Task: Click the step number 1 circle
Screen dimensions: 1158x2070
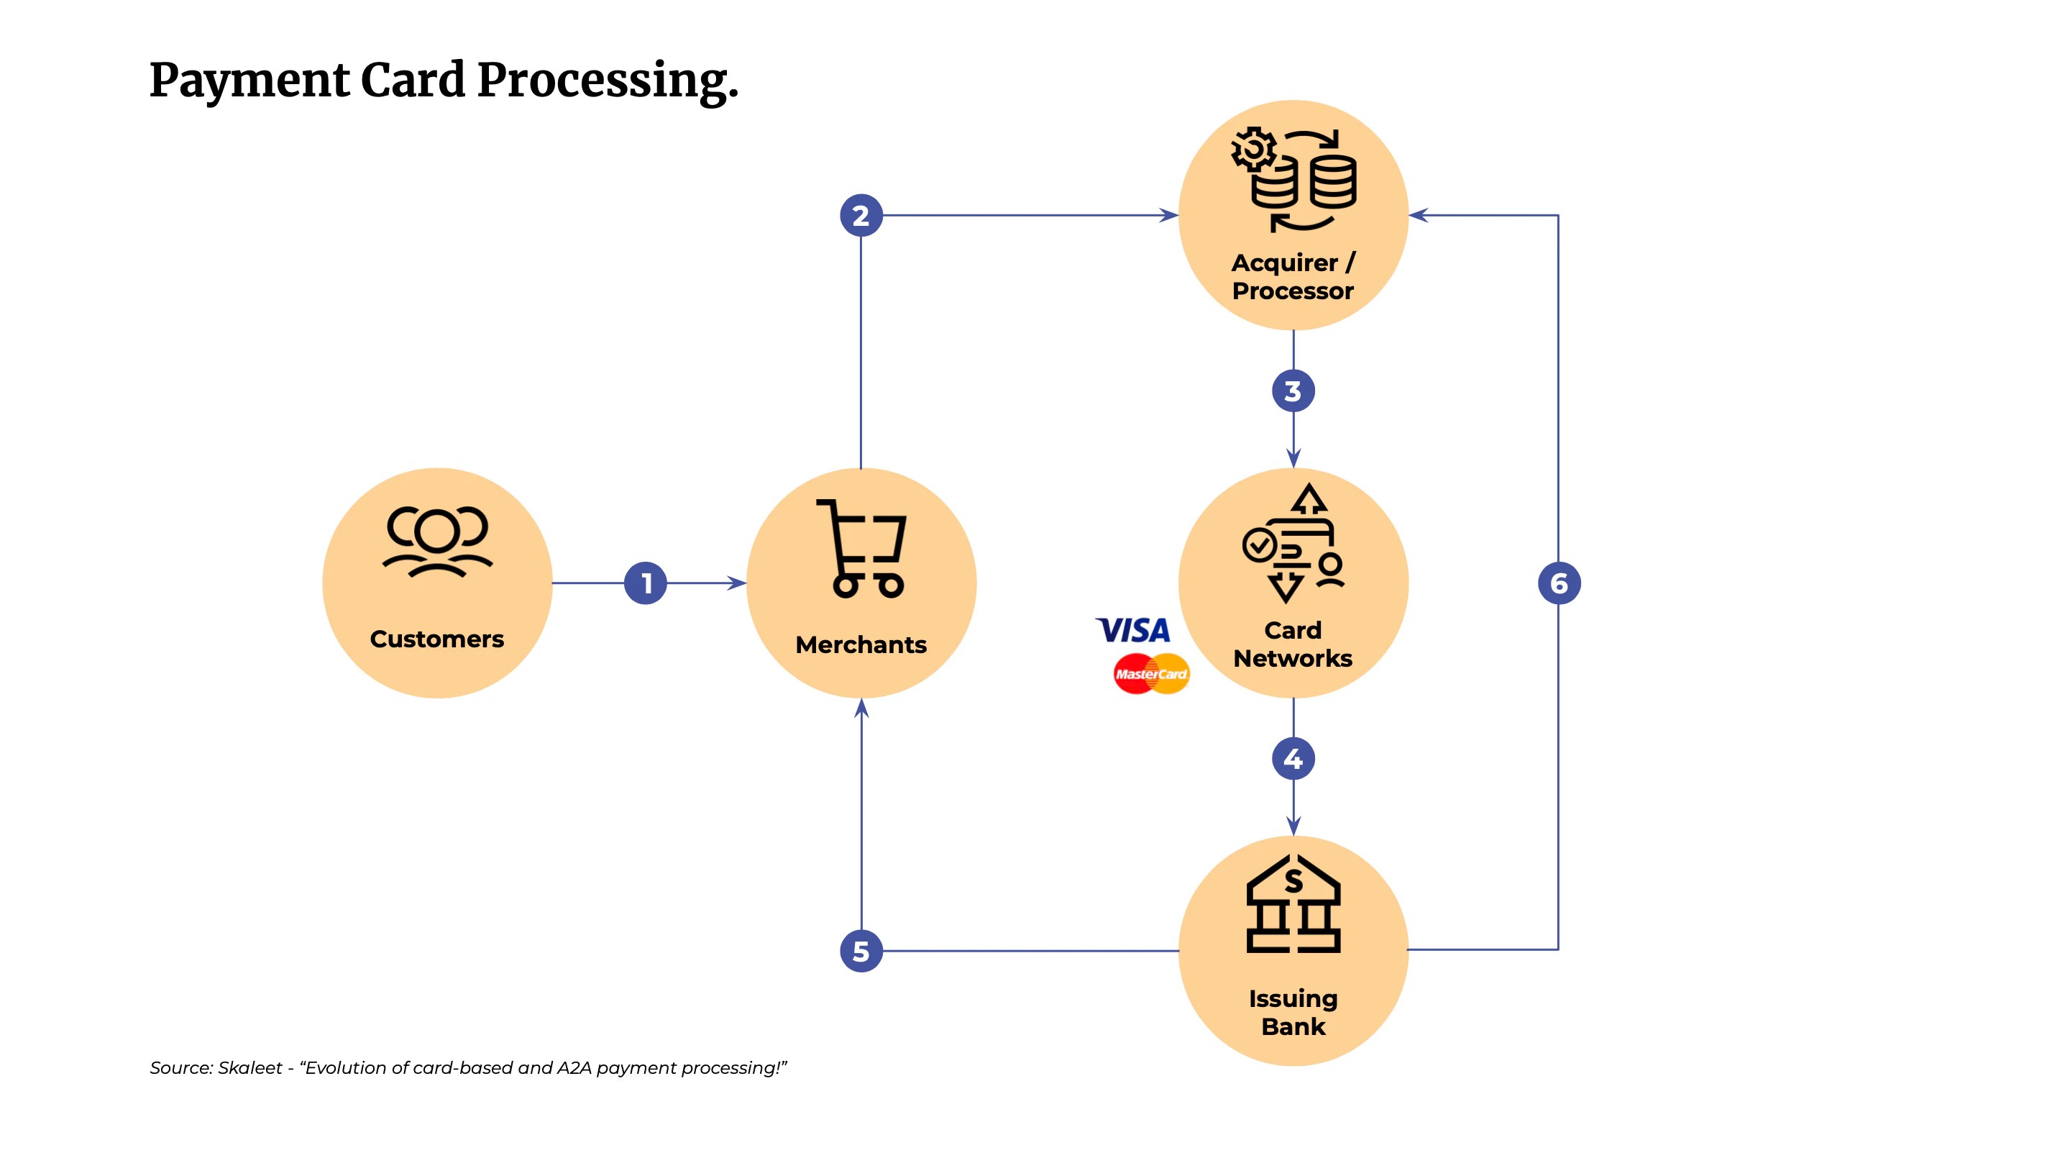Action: coord(645,583)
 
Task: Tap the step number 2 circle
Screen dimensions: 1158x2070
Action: coord(861,215)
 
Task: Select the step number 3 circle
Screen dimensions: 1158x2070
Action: coord(1293,391)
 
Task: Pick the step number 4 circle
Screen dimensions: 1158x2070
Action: coord(1293,759)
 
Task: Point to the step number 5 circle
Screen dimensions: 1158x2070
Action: coord(861,952)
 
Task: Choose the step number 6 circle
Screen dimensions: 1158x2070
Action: coord(1559,583)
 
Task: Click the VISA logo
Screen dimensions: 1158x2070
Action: coord(1133,630)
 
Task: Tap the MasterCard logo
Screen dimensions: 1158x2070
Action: coord(1150,674)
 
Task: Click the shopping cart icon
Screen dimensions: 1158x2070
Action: coord(861,548)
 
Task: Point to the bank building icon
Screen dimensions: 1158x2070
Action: coord(1293,904)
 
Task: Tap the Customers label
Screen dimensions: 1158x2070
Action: coord(437,639)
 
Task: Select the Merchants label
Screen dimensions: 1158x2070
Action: coord(861,644)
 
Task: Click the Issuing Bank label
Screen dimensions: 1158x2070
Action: coord(1293,1013)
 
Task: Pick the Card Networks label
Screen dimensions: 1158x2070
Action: coord(1293,644)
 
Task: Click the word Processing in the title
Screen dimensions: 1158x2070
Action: coord(608,81)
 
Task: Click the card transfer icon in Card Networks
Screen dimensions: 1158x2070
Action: coord(1293,544)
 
